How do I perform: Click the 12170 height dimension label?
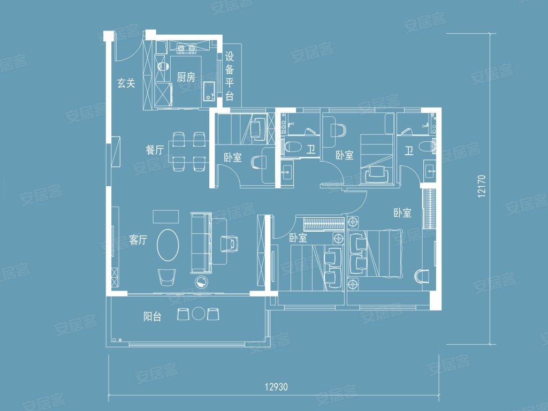click(x=482, y=186)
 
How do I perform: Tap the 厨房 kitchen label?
click(x=186, y=77)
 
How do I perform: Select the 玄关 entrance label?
click(x=126, y=83)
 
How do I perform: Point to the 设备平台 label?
click(x=229, y=76)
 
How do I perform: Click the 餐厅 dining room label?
click(x=155, y=150)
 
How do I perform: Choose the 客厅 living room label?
click(x=138, y=240)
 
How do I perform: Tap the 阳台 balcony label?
click(x=153, y=317)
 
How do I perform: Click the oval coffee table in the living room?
click(x=168, y=245)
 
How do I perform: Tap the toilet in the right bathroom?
click(x=427, y=147)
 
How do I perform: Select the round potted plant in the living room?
click(x=202, y=281)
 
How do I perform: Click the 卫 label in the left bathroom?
click(x=311, y=150)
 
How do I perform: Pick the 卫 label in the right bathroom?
click(x=409, y=150)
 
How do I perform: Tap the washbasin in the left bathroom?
click(x=288, y=172)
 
